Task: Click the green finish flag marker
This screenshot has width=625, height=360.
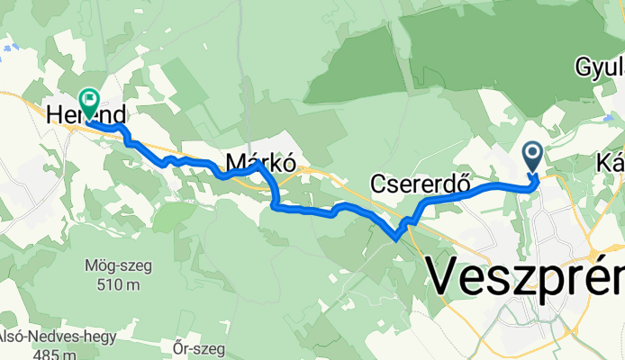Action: point(90,99)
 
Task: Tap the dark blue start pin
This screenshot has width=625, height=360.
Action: point(532,157)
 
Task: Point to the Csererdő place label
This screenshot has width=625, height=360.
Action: point(422,184)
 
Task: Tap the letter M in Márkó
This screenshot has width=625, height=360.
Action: point(236,163)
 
